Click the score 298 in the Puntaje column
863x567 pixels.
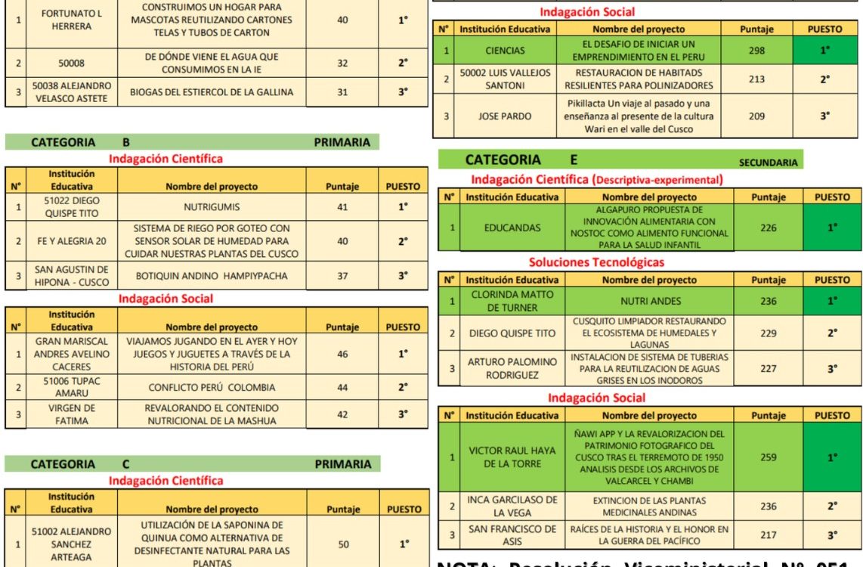pyautogui.click(x=756, y=51)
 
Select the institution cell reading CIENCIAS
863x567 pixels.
pyautogui.click(x=505, y=51)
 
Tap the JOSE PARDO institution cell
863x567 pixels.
pyautogui.click(x=505, y=116)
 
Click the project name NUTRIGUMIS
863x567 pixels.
pyautogui.click(x=212, y=207)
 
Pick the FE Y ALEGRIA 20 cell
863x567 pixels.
pyautogui.click(x=61, y=241)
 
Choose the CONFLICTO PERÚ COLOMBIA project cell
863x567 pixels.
pyautogui.click(x=212, y=387)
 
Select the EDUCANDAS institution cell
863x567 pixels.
pyautogui.click(x=512, y=227)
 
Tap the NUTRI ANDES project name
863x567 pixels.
pyautogui.click(x=650, y=301)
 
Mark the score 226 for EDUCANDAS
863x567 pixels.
pyautogui.click(x=769, y=227)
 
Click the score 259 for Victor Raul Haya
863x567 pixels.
pyautogui.click(x=769, y=457)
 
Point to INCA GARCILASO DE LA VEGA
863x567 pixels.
pyautogui.click(x=512, y=507)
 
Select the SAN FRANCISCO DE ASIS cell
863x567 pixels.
pyautogui.click(x=512, y=535)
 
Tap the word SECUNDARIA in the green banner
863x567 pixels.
pyautogui.click(x=768, y=162)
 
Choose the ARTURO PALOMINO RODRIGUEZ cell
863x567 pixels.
pyautogui.click(x=512, y=368)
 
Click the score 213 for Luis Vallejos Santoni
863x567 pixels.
pyautogui.click(x=756, y=79)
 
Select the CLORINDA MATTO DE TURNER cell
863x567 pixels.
pyautogui.click(x=512, y=301)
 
